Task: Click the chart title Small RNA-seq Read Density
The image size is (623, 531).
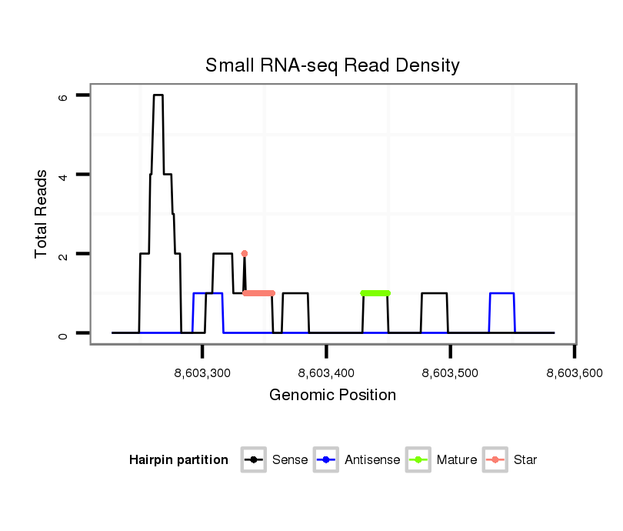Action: (332, 65)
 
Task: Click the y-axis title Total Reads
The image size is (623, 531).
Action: (42, 214)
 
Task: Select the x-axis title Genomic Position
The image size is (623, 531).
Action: (332, 396)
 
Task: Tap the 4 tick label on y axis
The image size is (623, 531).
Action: (64, 175)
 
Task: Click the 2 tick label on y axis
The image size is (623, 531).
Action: (64, 254)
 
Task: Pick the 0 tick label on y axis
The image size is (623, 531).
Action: (64, 333)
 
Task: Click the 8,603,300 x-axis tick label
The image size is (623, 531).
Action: (203, 373)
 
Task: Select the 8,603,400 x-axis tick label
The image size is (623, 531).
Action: (327, 373)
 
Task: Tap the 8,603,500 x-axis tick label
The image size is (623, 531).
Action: (451, 373)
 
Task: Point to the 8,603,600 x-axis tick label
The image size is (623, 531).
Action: (575, 373)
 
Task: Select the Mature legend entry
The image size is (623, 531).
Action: (456, 460)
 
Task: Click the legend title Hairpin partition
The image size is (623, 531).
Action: (178, 460)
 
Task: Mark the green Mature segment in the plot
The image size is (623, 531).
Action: (375, 293)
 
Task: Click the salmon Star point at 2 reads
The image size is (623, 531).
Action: (245, 253)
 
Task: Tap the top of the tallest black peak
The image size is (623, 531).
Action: (158, 95)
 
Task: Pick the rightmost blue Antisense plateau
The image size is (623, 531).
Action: (502, 293)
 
